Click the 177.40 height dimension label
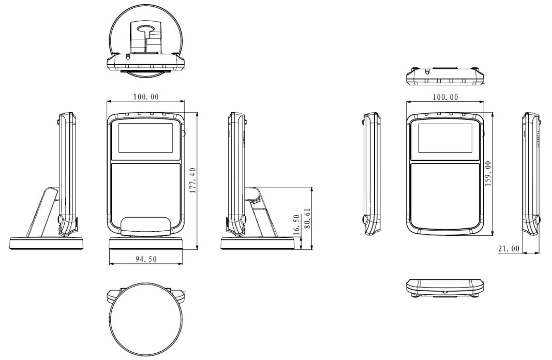[192, 181]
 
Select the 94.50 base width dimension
[146, 259]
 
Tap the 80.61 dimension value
[307, 219]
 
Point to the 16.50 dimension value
[296, 224]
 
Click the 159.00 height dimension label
[488, 174]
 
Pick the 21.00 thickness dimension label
[509, 249]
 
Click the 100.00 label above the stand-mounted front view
[146, 96]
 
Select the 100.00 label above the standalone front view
[445, 97]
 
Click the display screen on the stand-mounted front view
[145, 138]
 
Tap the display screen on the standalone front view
[445, 138]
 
